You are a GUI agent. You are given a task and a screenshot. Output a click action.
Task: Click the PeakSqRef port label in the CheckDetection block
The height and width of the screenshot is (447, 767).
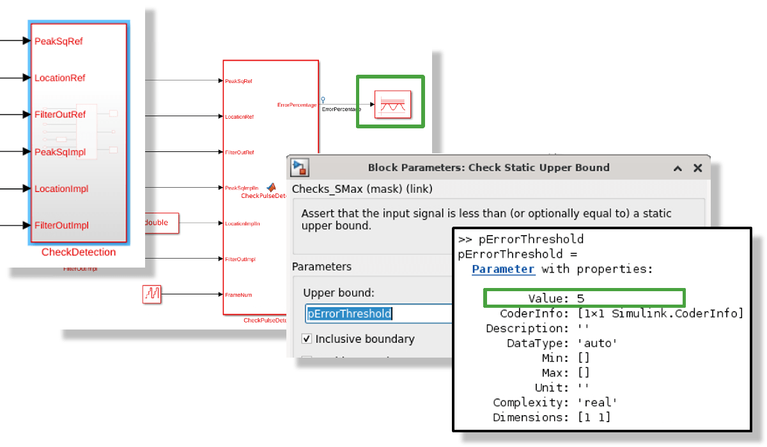point(58,41)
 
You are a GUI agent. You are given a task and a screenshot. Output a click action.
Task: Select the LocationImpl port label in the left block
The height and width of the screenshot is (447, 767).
point(61,188)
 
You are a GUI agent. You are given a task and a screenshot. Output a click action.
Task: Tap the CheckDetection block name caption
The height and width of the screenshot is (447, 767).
point(79,252)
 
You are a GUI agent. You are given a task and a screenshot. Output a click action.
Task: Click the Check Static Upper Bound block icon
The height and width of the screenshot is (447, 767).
point(392,103)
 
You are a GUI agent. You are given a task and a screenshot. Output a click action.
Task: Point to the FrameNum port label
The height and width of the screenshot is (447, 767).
point(235,295)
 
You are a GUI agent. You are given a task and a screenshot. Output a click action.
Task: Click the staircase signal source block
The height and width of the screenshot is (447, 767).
point(151,294)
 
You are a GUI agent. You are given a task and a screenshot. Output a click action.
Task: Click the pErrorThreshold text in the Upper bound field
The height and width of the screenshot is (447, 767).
point(349,314)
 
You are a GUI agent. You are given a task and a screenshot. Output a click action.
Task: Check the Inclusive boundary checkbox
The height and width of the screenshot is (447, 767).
point(307,339)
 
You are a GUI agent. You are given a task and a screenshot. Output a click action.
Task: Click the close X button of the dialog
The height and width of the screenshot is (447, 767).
point(698,168)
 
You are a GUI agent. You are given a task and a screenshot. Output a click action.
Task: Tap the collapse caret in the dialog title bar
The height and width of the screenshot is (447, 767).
point(678,168)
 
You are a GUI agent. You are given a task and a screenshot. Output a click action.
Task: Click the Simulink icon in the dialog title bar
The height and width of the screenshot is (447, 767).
point(300,168)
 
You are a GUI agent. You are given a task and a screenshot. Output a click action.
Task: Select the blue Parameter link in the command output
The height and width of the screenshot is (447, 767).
point(503,269)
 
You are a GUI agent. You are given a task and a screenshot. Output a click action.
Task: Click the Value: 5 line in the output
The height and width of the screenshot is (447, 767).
point(556,298)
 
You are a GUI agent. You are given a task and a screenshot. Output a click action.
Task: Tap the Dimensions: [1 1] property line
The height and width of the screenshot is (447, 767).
point(552,417)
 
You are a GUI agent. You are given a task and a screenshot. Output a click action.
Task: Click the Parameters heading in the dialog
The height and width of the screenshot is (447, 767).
point(322,266)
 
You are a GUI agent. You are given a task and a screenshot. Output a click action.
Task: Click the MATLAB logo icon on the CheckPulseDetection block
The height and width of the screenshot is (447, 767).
point(271,187)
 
